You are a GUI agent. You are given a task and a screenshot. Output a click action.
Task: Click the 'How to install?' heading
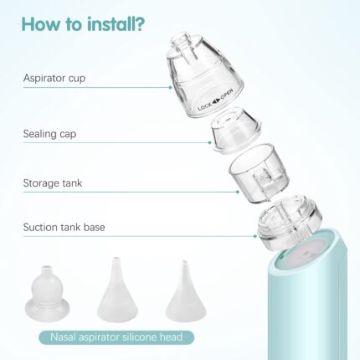[x=83, y=23]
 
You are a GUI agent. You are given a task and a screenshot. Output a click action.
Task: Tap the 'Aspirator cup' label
[x=54, y=78]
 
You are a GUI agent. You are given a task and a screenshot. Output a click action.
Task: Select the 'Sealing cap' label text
[x=49, y=134]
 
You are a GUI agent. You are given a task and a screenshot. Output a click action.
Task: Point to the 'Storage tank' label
[x=53, y=183]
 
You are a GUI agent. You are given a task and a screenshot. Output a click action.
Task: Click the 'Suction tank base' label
[x=64, y=227]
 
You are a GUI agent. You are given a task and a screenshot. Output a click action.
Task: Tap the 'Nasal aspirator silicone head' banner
[x=116, y=337]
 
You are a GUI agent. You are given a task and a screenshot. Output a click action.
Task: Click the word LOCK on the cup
[x=204, y=106]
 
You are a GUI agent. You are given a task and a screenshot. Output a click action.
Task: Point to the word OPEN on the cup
[x=227, y=94]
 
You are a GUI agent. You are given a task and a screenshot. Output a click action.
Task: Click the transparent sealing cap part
[x=236, y=131]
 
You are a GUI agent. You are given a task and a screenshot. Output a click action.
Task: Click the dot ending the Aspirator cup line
[x=171, y=87]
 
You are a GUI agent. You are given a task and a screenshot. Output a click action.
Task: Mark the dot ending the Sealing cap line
[x=209, y=142]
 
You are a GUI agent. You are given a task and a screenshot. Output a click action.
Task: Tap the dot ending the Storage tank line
[x=238, y=192]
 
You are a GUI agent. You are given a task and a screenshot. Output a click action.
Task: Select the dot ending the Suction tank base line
[x=255, y=236]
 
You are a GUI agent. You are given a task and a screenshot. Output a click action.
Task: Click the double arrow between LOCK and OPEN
[x=216, y=100]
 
